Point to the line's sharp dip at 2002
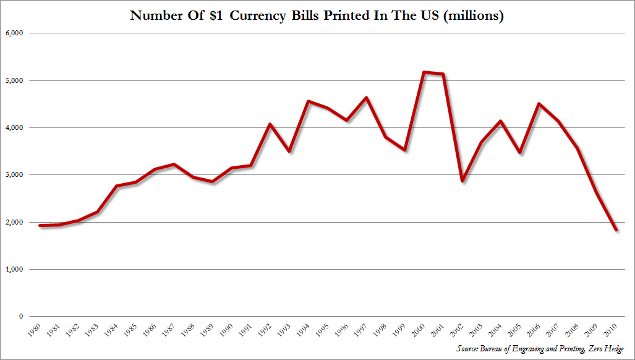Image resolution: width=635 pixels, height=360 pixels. pyautogui.click(x=461, y=181)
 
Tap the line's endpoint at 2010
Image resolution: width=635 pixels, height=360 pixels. pyautogui.click(x=616, y=230)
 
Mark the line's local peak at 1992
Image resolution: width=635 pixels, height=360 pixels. pyautogui.click(x=270, y=124)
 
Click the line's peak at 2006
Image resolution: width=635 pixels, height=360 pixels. pyautogui.click(x=539, y=104)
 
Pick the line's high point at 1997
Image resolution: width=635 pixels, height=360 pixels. pyautogui.click(x=366, y=98)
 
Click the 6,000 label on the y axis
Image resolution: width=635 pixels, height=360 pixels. pyautogui.click(x=13, y=33)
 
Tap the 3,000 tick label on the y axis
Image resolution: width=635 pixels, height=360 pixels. pyautogui.click(x=13, y=174)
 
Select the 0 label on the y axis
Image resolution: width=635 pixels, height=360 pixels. pyautogui.click(x=20, y=316)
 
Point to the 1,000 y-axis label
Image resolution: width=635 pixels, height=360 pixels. pyautogui.click(x=13, y=269)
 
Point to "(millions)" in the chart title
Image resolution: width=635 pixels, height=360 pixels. pyautogui.click(x=471, y=15)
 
